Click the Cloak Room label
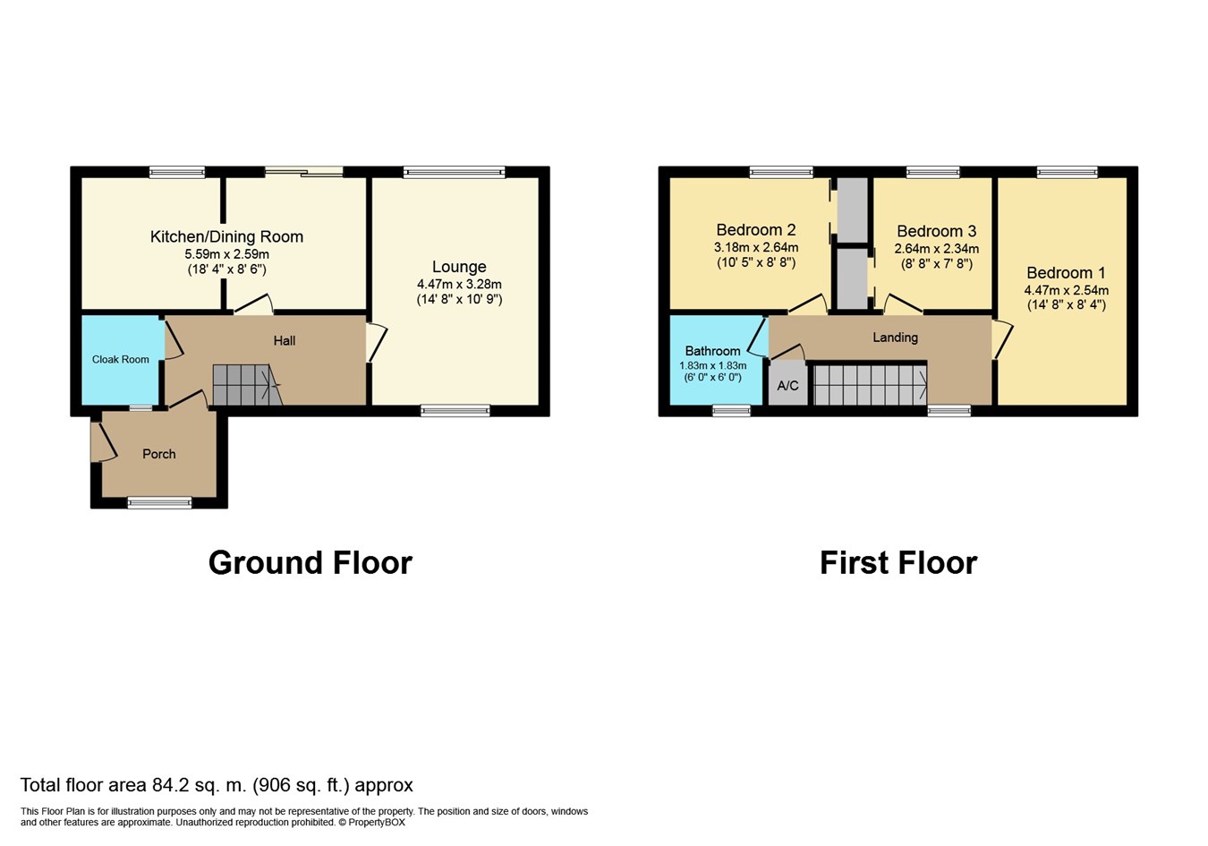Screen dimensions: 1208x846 tap(120, 359)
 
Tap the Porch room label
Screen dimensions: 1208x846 tap(159, 454)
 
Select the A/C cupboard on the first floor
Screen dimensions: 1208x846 tap(788, 384)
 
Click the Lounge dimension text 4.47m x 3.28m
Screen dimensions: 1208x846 tap(459, 284)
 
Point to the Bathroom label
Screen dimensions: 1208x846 tap(712, 351)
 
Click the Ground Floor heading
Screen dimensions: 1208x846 tap(311, 563)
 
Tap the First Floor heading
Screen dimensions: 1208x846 tap(898, 563)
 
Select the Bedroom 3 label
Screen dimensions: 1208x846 tap(937, 232)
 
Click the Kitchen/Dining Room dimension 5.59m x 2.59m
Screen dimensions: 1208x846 tap(226, 254)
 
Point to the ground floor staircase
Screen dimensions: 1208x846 tap(247, 385)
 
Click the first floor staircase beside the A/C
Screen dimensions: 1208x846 tap(870, 385)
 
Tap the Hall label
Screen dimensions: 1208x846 tap(285, 341)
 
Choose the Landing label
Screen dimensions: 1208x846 tap(895, 338)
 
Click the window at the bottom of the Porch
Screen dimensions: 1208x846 tap(159, 503)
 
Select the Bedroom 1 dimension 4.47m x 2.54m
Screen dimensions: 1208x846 tap(1066, 290)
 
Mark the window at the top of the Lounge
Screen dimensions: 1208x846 tap(455, 172)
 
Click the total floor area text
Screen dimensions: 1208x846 tap(217, 785)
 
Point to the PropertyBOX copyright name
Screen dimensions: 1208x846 tap(377, 823)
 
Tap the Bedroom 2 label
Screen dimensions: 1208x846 tap(756, 230)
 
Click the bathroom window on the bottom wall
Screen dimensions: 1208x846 tap(731, 411)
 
